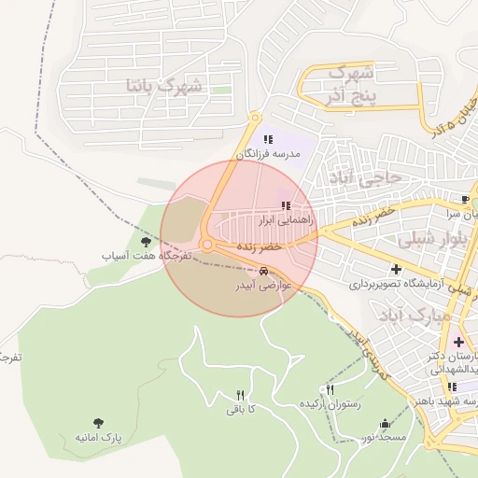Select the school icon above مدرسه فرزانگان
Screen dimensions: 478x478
(x=268, y=139)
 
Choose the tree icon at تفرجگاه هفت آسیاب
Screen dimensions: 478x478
(x=145, y=243)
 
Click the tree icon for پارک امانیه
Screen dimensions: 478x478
(x=98, y=424)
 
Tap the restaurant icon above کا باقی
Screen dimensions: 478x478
(x=241, y=395)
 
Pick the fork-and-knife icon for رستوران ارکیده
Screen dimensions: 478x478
(x=330, y=389)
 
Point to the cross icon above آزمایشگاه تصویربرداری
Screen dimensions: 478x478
(x=397, y=269)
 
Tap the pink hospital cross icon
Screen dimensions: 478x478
(x=457, y=343)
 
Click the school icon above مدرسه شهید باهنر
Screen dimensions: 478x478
(x=453, y=387)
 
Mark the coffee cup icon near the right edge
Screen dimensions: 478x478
(x=465, y=200)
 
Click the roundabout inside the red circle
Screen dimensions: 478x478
(x=207, y=245)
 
